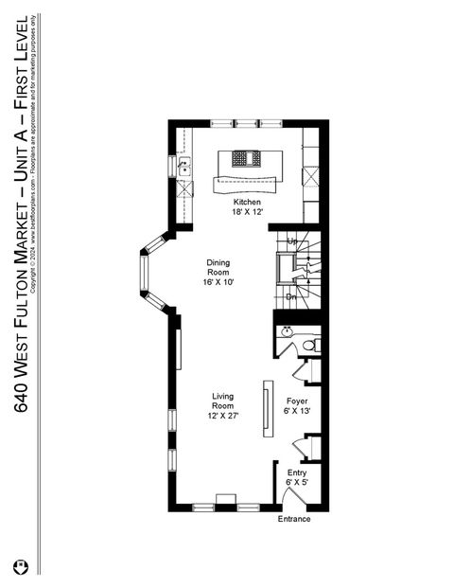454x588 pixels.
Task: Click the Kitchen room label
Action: [248, 203]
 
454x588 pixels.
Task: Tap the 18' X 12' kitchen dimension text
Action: [248, 213]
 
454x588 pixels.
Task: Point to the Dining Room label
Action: [218, 267]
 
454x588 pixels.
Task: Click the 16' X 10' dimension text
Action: [218, 282]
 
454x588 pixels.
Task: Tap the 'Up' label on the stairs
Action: [292, 241]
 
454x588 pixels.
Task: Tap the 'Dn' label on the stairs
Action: [292, 296]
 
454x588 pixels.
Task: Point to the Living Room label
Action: [223, 401]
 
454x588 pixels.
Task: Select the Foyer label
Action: [297, 401]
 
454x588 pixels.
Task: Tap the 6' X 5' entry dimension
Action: [297, 483]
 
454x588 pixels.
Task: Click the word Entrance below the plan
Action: [293, 519]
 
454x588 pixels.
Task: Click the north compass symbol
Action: [21, 566]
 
